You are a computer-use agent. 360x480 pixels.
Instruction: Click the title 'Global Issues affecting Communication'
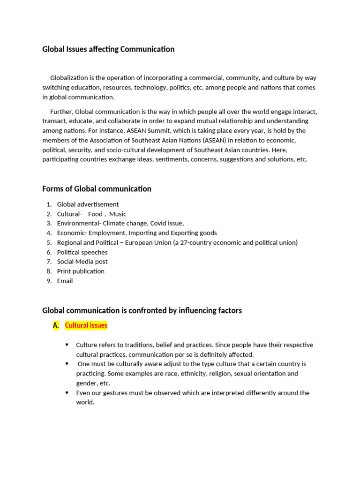[108, 49]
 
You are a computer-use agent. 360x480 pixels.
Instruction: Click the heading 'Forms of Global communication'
[97, 189]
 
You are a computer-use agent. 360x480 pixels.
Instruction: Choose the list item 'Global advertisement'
[88, 204]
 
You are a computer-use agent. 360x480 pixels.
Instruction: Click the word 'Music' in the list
[118, 214]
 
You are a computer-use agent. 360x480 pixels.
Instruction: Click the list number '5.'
[49, 243]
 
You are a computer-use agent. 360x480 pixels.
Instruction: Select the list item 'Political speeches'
[82, 252]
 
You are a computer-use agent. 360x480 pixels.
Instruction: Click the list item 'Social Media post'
[82, 262]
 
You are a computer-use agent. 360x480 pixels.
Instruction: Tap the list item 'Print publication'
[81, 271]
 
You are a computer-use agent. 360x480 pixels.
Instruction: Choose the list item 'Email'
[65, 281]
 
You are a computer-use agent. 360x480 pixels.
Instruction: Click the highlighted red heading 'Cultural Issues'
[86, 325]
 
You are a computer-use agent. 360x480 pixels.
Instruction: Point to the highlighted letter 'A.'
[56, 325]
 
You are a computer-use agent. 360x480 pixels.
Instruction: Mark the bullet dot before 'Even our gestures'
[67, 393]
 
